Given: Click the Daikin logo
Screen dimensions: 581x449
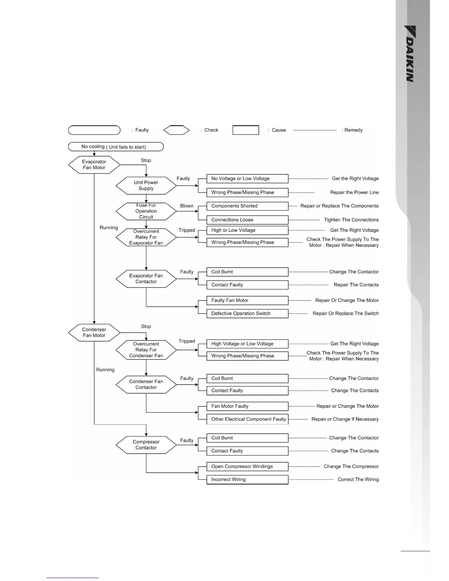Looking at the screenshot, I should tap(410, 54).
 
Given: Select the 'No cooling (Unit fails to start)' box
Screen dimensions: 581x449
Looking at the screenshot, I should tap(116, 147).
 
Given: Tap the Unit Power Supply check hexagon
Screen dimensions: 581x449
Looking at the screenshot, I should tap(146, 186).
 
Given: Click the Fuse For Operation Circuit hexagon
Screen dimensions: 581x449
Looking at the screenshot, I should tap(146, 211).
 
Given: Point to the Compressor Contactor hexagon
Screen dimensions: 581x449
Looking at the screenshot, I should tap(146, 445).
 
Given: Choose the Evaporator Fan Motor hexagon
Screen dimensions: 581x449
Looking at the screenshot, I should tap(94, 165).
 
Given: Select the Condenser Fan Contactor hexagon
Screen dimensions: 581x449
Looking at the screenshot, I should tap(146, 384).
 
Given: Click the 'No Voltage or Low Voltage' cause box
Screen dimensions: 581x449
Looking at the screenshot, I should tap(247, 179).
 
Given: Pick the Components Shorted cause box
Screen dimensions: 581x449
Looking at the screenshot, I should tap(247, 206).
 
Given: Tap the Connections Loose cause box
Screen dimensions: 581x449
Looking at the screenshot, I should tap(247, 220).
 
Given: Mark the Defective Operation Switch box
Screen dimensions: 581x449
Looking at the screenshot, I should tap(247, 314).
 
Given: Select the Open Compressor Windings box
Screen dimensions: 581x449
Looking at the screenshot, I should tap(247, 467).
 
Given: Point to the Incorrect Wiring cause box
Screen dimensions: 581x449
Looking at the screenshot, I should tap(247, 479).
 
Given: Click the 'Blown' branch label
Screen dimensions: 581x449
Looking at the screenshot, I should tap(187, 206).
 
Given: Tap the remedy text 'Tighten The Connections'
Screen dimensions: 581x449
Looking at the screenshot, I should tap(351, 220).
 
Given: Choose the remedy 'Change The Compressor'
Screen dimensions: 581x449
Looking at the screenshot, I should tap(351, 467).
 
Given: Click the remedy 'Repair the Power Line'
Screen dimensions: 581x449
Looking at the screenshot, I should tap(354, 193).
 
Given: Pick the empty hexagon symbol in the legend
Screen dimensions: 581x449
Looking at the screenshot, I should tap(176, 130).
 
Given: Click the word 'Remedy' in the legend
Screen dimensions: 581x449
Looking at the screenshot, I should tap(353, 130).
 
